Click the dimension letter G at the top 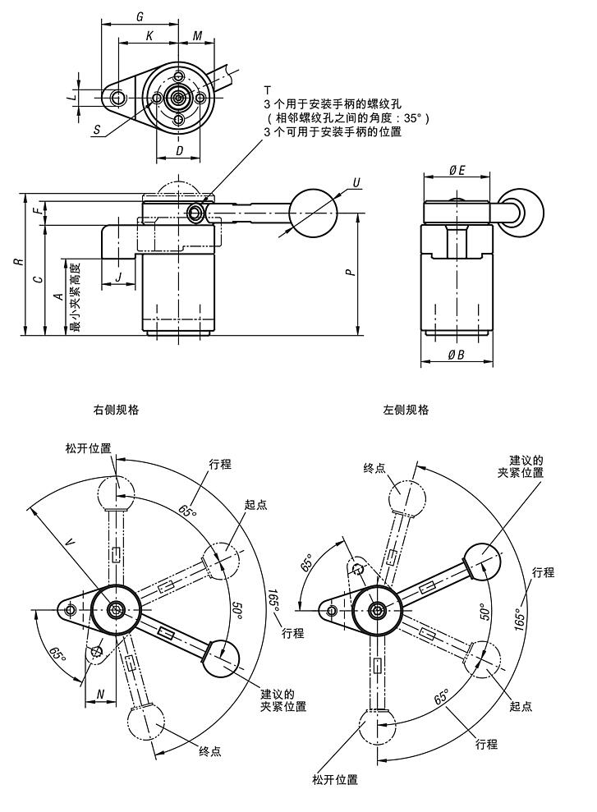pos(140,16)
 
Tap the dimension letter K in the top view pos(148,36)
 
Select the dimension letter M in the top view pos(198,36)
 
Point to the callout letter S pos(97,130)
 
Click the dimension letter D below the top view pos(179,150)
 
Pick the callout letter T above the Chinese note pos(267,89)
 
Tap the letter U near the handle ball pos(356,181)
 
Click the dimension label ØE pos(457,170)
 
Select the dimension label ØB pos(457,355)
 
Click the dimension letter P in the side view pos(351,271)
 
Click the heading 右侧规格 pos(116,409)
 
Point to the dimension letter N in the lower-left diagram pos(100,694)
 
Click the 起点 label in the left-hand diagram pos(255,506)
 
